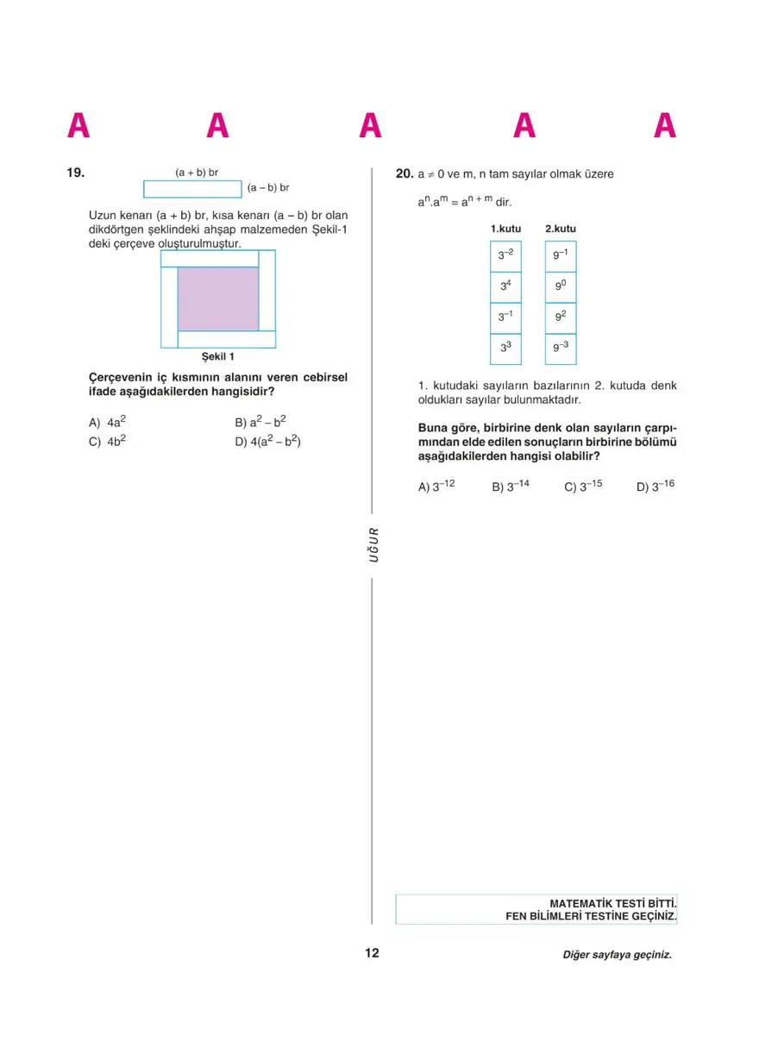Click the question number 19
[75, 173]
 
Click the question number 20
[405, 173]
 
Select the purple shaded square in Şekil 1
[218, 298]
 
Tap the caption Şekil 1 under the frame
[217, 356]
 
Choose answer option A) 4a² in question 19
[107, 423]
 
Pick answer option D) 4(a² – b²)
[267, 441]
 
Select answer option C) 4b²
[107, 441]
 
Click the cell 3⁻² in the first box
[505, 256]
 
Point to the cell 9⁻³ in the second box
[560, 349]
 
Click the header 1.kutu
[505, 229]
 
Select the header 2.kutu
[560, 229]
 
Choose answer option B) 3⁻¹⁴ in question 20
[511, 487]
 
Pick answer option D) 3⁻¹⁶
[655, 487]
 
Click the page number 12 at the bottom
[372, 953]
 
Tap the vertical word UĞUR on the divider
[373, 544]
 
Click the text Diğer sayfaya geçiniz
[616, 955]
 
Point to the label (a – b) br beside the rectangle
[267, 187]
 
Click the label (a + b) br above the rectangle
[197, 173]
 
